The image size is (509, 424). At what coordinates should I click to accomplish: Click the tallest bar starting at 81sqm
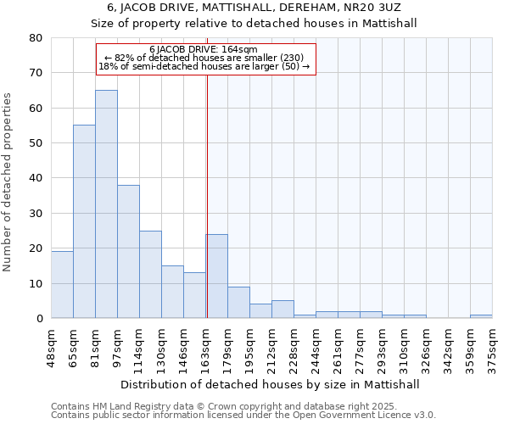(106, 204)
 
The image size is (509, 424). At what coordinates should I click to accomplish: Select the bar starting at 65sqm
(84, 221)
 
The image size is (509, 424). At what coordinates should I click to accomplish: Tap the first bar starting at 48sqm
(62, 285)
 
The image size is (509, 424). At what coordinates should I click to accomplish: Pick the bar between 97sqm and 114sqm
(128, 251)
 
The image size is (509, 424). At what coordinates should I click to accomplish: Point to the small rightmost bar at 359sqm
(481, 316)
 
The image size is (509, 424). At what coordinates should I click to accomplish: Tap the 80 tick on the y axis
(36, 38)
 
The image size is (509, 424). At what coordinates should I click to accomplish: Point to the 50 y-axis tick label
(36, 143)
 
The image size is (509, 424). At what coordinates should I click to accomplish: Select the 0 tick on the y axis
(39, 319)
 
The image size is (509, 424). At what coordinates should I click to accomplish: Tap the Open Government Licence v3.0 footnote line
(243, 416)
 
